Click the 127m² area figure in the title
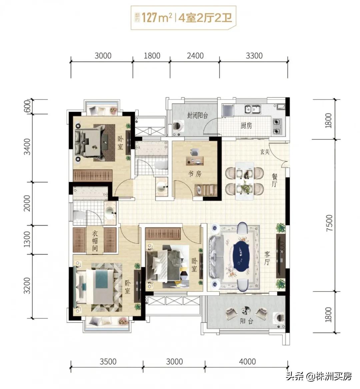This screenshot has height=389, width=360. [157, 18]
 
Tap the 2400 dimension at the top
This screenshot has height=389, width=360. [195, 56]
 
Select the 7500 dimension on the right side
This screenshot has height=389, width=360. [329, 223]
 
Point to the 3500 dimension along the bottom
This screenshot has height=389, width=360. [108, 361]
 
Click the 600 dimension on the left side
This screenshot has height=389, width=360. [28, 106]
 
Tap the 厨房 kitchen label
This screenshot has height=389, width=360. [246, 125]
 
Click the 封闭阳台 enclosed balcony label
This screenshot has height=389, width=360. [197, 115]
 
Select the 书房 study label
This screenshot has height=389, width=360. [195, 174]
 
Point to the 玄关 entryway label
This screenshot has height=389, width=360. [265, 151]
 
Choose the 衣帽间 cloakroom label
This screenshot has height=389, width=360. [95, 241]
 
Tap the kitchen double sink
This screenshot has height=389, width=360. [252, 109]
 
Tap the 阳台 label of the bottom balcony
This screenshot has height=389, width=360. [246, 321]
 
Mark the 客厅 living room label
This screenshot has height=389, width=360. [267, 258]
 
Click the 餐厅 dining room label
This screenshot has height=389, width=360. [274, 180]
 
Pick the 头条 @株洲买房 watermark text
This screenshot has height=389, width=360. [319, 376]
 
